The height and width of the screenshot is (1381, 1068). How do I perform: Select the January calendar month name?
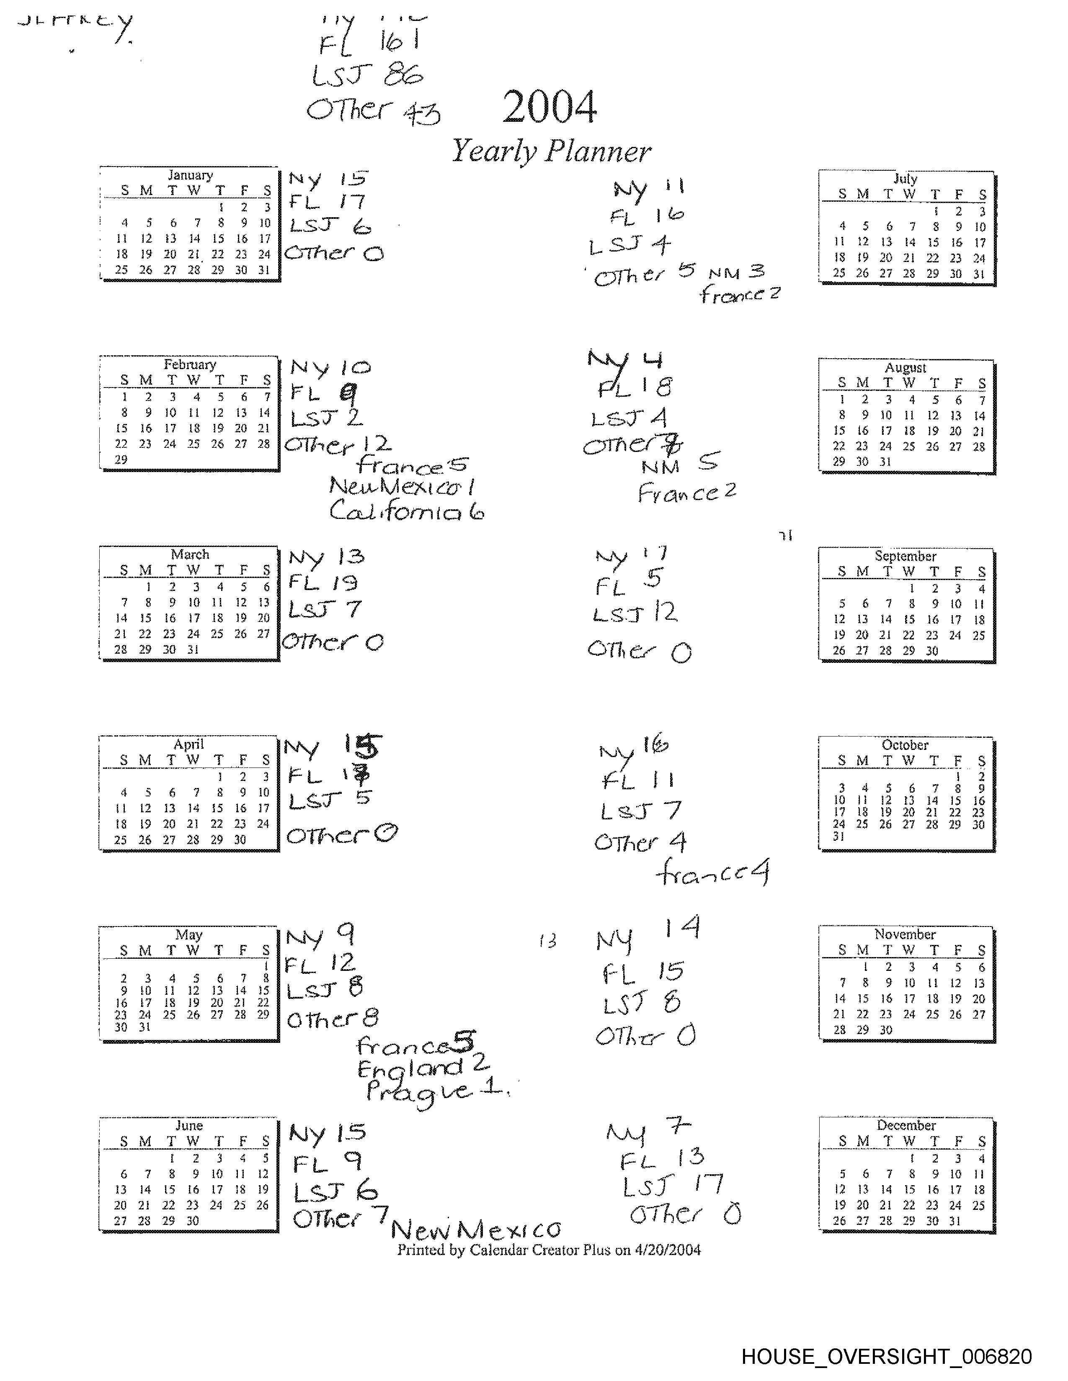(190, 175)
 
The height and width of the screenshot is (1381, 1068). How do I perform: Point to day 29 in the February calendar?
(121, 459)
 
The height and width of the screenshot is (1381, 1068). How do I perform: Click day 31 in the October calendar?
(839, 836)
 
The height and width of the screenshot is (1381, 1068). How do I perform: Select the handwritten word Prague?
(419, 1092)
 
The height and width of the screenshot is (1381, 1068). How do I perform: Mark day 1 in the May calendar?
(266, 966)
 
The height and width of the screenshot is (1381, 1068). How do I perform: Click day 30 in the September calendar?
(932, 651)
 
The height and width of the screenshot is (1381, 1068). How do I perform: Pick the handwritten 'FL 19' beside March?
(322, 583)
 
